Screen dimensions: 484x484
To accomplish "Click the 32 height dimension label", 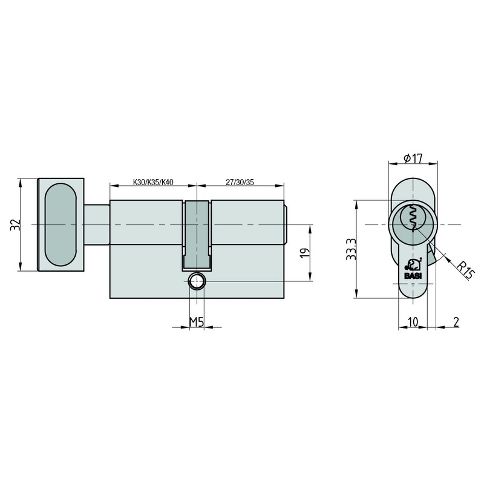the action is click(x=15, y=224).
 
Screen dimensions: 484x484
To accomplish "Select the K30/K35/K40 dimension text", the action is click(x=153, y=182).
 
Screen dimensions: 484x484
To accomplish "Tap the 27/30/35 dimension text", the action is click(x=240, y=182).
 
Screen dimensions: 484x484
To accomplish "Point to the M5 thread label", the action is click(x=196, y=322).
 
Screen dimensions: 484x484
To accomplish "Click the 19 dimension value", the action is click(x=305, y=253).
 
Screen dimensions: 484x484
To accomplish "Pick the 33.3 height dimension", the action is click(x=352, y=249).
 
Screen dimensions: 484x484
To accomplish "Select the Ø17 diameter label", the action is click(x=413, y=159).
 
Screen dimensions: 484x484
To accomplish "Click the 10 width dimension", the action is click(x=413, y=322).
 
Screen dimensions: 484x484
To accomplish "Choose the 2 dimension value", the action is click(x=456, y=322).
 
